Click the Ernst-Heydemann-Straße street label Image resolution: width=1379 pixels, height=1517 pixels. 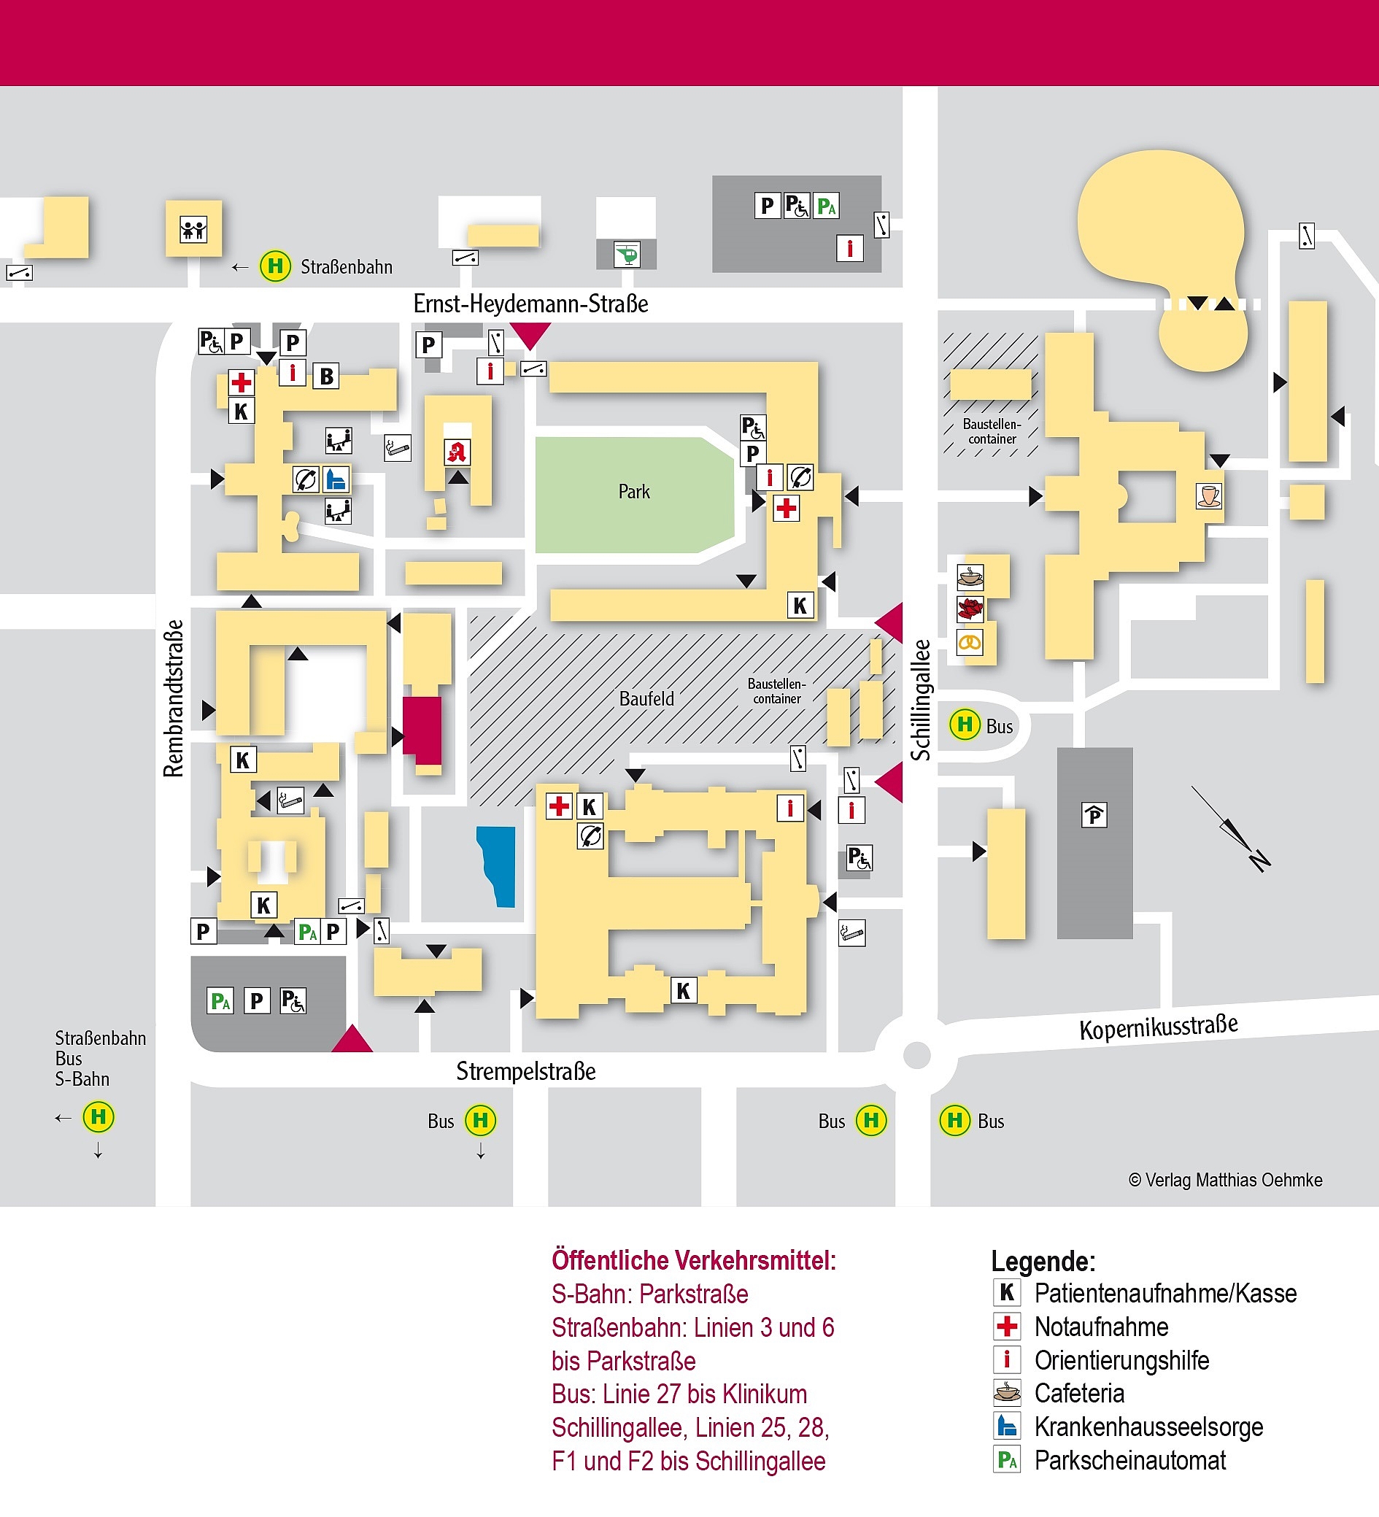[x=530, y=304]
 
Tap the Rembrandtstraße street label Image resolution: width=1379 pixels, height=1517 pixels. [x=174, y=698]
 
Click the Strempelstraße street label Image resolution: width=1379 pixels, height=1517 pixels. [x=525, y=1071]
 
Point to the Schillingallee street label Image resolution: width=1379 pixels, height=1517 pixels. [x=921, y=700]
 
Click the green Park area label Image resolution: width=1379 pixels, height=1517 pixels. [x=633, y=492]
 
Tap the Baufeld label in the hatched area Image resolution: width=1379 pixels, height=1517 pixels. [x=646, y=699]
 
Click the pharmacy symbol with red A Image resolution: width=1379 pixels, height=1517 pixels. [x=457, y=452]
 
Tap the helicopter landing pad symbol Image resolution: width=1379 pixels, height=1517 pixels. [x=626, y=255]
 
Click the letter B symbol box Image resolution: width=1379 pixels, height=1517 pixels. [x=326, y=377]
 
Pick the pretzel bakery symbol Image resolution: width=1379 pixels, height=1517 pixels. [x=970, y=643]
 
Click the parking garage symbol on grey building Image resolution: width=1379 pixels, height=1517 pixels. [x=1094, y=815]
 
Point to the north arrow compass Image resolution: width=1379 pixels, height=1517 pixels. [x=1234, y=830]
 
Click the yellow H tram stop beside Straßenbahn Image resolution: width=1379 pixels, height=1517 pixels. [x=275, y=266]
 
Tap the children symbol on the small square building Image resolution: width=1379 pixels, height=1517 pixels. [x=193, y=229]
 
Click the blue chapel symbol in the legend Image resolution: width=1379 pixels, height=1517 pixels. [x=1007, y=1426]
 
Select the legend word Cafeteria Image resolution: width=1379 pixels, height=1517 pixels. [x=1079, y=1393]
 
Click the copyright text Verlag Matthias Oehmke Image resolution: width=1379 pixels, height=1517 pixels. [x=1225, y=1180]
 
